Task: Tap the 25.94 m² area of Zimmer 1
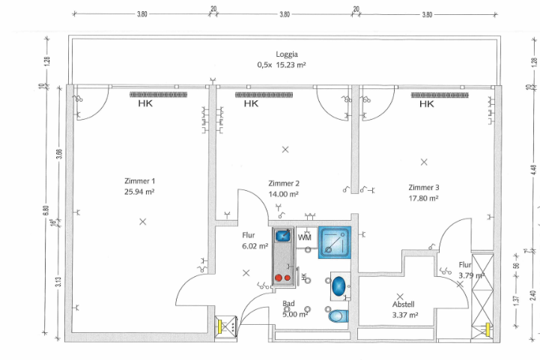coord(139,192)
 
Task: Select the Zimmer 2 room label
coord(284,183)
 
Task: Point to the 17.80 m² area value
coord(424,198)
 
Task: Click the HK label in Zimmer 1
coord(146,105)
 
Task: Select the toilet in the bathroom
coord(338,316)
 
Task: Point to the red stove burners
coord(283,277)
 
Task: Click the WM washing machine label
coord(304,237)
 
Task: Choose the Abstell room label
coord(404,305)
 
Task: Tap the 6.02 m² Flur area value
coord(254,245)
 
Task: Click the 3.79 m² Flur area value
coord(471,275)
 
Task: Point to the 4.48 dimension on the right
coord(514,178)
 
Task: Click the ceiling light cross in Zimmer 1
coord(142,221)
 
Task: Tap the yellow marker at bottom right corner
coord(488,327)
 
